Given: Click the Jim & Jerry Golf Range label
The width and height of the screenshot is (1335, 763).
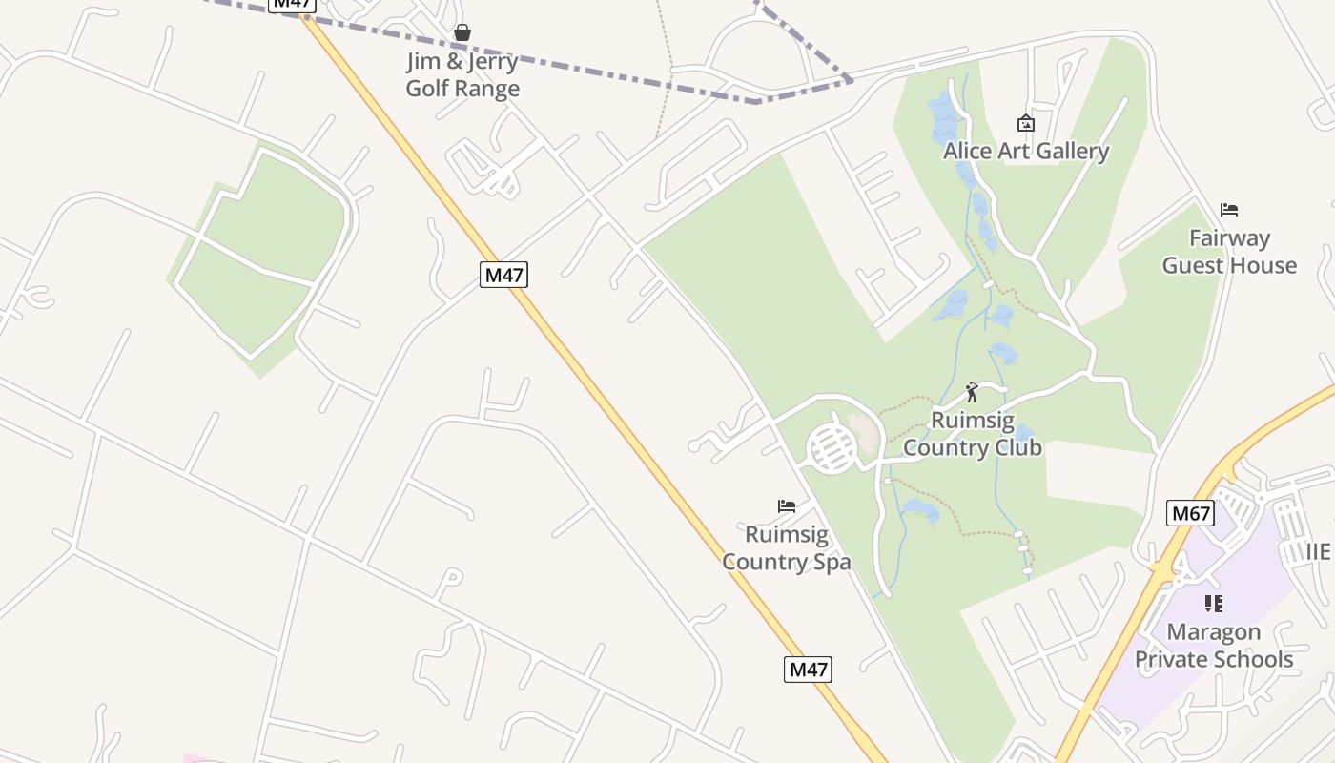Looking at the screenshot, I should [462, 74].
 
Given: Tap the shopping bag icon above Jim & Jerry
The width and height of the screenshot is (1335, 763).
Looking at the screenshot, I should [462, 33].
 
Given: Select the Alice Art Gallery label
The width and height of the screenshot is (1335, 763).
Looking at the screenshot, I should [1026, 151].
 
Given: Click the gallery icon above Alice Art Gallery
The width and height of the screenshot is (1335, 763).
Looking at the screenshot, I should [1026, 123].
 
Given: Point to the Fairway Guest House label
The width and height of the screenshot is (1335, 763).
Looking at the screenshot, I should [1229, 251].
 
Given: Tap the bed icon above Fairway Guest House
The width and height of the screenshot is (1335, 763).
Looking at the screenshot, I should [1229, 210].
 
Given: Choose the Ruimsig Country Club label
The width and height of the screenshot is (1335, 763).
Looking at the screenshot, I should [972, 433].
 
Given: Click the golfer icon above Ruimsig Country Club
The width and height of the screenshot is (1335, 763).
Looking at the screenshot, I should [972, 392].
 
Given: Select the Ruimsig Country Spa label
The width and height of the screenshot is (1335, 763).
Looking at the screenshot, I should [787, 547].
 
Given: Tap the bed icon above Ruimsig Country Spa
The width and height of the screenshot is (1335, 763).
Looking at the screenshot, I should [787, 506].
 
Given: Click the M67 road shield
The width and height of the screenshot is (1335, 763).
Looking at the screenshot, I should [1190, 514].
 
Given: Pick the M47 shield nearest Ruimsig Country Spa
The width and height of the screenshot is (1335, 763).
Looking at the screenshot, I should [808, 670].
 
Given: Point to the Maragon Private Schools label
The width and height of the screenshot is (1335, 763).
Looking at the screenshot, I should [1213, 645].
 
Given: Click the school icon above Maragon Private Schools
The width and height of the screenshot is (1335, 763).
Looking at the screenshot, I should [1213, 603].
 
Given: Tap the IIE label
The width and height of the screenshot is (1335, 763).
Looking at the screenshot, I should [1318, 551].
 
